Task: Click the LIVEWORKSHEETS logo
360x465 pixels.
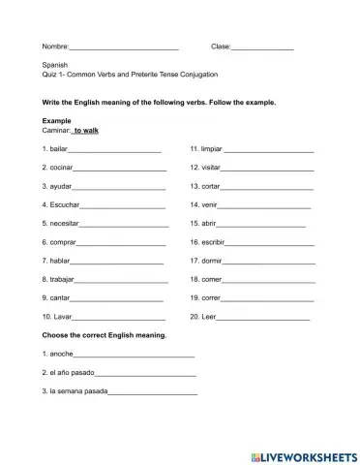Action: (303, 453)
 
